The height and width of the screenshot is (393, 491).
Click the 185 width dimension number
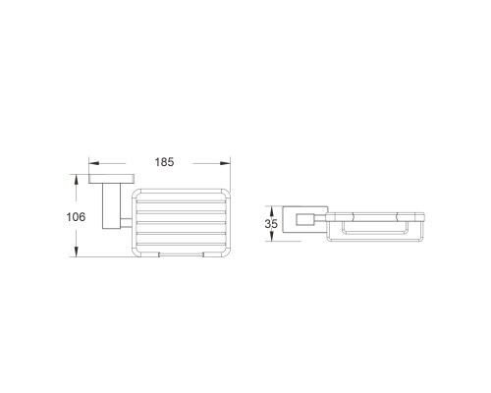[x=164, y=162]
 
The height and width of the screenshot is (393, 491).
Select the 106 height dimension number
[x=76, y=217]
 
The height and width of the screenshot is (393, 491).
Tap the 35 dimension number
[x=271, y=224]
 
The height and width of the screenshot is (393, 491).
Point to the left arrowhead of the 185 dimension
[x=94, y=163]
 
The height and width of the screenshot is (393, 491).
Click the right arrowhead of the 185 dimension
[x=225, y=163]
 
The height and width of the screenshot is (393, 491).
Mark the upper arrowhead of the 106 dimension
[x=76, y=180]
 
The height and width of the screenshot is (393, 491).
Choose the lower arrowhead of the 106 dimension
[x=76, y=252]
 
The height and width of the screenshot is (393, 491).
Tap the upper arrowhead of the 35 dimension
[x=271, y=210]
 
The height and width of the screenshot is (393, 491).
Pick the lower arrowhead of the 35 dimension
[x=271, y=237]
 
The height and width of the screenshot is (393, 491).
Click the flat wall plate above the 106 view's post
[x=112, y=179]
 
